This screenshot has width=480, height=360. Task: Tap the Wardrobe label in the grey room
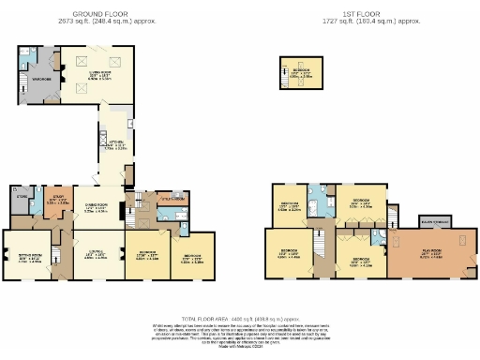[40, 79]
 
